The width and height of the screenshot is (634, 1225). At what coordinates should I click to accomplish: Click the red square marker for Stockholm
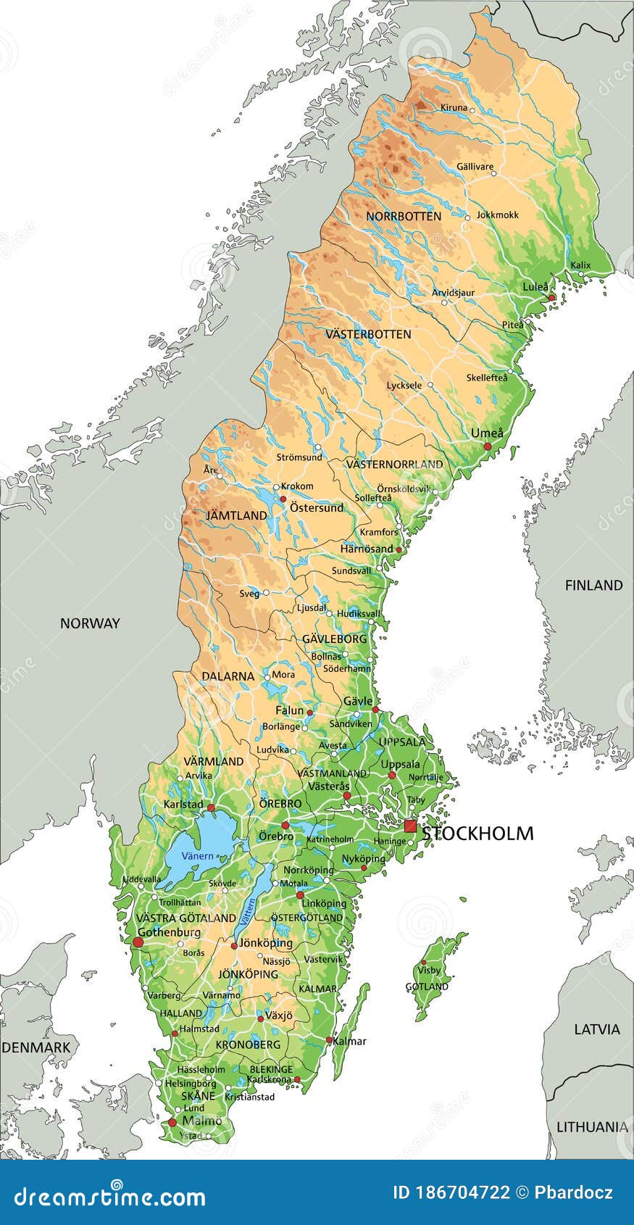[x=411, y=826]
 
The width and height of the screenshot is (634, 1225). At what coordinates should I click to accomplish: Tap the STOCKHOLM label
[x=478, y=834]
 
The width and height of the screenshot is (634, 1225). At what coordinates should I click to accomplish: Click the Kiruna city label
[x=454, y=107]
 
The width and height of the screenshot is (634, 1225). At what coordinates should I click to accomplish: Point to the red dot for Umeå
[x=488, y=447]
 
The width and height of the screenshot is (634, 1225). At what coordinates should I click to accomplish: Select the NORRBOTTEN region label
[x=403, y=216]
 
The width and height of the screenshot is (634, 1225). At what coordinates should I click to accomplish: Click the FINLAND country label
[x=593, y=585]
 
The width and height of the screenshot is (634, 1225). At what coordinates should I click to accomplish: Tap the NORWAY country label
[x=90, y=623]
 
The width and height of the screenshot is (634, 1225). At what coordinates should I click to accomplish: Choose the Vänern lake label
[x=198, y=856]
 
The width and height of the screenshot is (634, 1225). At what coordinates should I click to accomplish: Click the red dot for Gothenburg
[x=138, y=942]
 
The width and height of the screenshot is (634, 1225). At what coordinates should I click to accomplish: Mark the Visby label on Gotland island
[x=429, y=970]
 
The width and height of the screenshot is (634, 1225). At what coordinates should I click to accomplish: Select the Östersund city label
[x=317, y=507]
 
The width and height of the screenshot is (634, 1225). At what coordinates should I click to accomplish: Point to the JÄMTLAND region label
[x=236, y=516]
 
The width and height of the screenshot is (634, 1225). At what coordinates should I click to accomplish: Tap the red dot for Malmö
[x=172, y=1123]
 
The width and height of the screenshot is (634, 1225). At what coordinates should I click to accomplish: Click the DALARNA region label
[x=228, y=676]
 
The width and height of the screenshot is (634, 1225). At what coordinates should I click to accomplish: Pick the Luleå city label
[x=535, y=287]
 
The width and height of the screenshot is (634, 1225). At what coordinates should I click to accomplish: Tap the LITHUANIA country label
[x=592, y=1127]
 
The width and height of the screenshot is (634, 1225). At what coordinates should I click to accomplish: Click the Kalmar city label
[x=350, y=1042]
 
